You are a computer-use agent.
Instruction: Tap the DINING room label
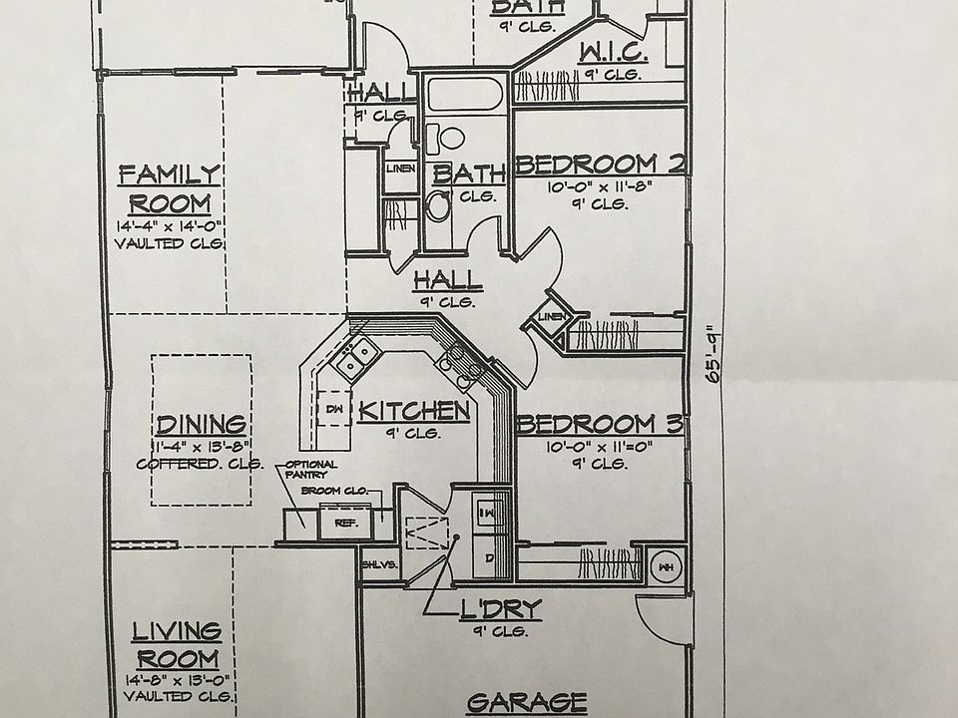pos(202,423)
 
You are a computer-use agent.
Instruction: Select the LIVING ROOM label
pos(177,644)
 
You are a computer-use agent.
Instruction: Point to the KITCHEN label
pos(413,410)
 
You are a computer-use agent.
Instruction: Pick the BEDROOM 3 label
pos(600,424)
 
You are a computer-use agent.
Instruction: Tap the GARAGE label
pos(526,702)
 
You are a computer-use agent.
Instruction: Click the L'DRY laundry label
pos(501,607)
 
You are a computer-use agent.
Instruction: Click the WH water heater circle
pos(664,567)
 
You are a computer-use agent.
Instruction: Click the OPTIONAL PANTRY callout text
pos(310,470)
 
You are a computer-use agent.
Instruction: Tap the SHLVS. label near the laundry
pos(379,563)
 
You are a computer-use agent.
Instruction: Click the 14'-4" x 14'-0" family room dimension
pos(168,225)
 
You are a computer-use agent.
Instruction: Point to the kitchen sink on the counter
pos(355,356)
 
